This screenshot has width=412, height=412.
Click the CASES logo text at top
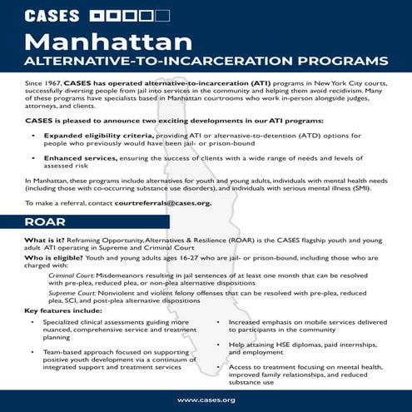[52, 15]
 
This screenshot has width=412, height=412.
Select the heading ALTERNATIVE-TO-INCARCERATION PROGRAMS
[206, 62]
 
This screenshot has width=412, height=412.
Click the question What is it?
[43, 240]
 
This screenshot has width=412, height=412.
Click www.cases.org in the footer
[206, 400]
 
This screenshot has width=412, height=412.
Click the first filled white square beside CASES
[97, 15]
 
